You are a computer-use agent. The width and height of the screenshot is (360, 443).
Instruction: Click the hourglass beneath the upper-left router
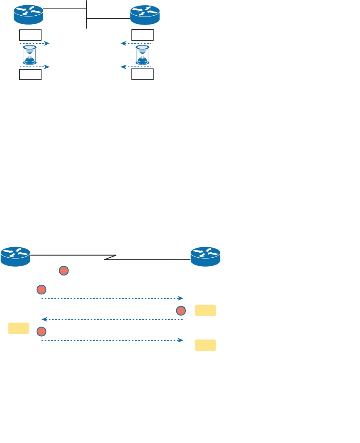click(x=30, y=55)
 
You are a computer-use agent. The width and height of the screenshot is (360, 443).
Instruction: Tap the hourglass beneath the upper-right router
click(x=142, y=55)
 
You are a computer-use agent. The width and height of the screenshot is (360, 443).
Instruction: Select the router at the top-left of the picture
click(x=28, y=14)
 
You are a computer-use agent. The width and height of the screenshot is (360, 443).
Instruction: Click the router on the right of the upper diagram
click(x=145, y=15)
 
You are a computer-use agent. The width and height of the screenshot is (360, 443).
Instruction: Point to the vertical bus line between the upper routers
click(x=87, y=14)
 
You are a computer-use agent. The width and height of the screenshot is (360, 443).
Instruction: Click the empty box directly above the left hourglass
click(x=30, y=35)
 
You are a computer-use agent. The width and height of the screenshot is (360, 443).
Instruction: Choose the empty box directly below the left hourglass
click(x=30, y=75)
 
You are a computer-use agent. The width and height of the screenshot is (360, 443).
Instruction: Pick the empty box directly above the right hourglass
click(x=142, y=35)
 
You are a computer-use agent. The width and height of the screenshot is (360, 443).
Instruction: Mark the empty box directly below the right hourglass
click(x=142, y=75)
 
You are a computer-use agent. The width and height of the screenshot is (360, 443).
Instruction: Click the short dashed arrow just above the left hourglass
click(x=34, y=43)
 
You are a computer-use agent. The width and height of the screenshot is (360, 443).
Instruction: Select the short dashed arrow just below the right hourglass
click(x=136, y=67)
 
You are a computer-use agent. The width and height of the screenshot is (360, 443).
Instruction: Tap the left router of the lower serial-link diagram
click(x=15, y=257)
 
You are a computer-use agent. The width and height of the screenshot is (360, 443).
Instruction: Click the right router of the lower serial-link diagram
click(x=205, y=257)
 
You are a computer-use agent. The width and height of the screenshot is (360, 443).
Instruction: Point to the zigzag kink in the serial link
click(x=110, y=257)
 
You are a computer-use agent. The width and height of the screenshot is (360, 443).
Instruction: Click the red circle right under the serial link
click(x=64, y=271)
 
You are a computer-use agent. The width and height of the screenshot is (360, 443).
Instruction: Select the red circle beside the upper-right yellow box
click(x=181, y=311)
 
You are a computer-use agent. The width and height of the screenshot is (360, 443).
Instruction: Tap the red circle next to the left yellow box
click(x=41, y=331)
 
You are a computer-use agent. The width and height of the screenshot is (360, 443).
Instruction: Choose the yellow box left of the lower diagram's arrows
click(x=19, y=328)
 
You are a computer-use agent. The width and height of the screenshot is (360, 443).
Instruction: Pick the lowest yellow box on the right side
click(x=205, y=345)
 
